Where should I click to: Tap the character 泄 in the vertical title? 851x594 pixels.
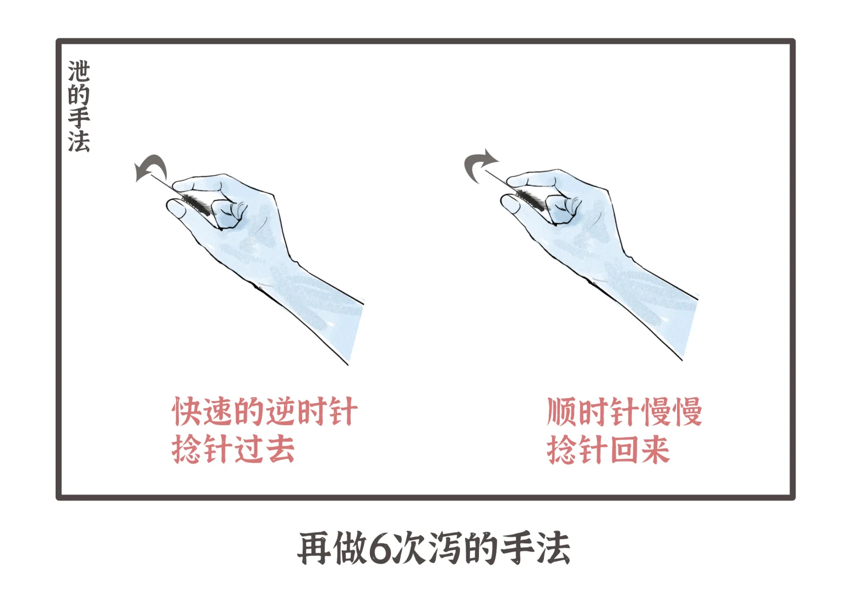pyautogui.click(x=79, y=71)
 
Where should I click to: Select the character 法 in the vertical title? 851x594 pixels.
pyautogui.click(x=79, y=141)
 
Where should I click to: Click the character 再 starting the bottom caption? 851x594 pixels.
pyautogui.click(x=313, y=548)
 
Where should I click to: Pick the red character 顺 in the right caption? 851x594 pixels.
pyautogui.click(x=561, y=412)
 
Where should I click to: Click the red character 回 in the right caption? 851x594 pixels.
pyautogui.click(x=624, y=450)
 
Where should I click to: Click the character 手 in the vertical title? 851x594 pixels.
pyautogui.click(x=79, y=118)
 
